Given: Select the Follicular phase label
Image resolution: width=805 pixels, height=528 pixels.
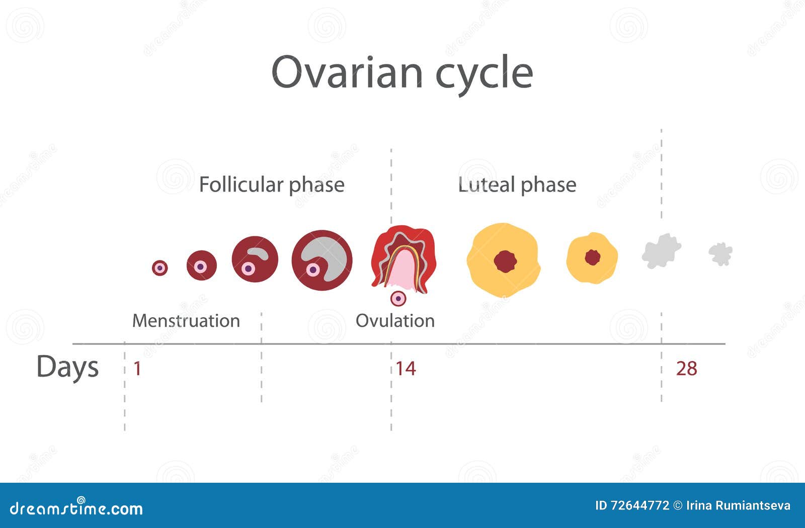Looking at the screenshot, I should point(272,185).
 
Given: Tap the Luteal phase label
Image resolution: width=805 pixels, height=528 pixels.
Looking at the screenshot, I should point(517,185).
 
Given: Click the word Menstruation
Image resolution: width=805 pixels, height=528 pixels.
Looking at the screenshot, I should point(186,320).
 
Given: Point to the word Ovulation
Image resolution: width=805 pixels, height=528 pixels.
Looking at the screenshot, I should point(395,320).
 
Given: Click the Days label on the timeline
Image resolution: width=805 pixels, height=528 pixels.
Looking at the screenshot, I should point(67,367).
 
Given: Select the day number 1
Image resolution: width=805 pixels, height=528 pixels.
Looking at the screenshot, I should point(137,369).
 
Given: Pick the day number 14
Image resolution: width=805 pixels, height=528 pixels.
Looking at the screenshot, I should point(406,369).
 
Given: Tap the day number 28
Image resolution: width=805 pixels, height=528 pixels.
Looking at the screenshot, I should point(686,369).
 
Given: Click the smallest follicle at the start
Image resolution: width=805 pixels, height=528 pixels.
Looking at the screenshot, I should point(159,268).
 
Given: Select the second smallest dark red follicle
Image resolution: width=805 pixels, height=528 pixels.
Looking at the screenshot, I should point(201,266).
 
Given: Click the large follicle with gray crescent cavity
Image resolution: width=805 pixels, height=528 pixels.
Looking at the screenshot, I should point(322,260).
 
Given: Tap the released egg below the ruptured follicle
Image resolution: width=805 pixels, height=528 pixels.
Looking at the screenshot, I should point(398,299).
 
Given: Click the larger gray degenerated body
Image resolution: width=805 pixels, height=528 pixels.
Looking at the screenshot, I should point(661,250).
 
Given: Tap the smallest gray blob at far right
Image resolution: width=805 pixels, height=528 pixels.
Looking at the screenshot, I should point(720,253).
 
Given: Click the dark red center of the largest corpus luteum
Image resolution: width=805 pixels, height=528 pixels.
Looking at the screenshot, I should point(505,261).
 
